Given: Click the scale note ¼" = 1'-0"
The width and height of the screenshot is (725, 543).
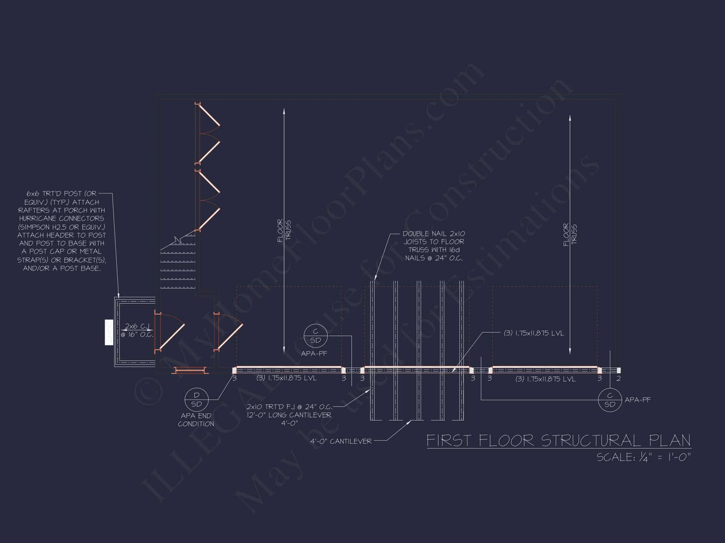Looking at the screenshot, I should tap(644, 457).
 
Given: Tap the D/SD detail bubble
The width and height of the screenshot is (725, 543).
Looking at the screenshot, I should tap(196, 400).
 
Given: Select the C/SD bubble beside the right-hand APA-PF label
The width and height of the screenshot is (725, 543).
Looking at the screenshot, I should tap(610, 400).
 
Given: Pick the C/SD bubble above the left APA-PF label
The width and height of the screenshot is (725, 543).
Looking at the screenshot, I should tap(315, 336).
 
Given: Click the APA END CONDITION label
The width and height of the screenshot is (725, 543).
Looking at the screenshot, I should tap(196, 420).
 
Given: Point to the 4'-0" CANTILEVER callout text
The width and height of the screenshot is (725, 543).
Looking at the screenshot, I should tap(341, 441).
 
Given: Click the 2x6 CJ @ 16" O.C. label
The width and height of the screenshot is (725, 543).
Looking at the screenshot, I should tap(137, 330).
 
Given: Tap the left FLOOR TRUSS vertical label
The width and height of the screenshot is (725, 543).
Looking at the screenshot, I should tap(284, 230).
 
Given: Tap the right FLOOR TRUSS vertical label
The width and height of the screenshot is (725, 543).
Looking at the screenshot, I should tap(570, 234).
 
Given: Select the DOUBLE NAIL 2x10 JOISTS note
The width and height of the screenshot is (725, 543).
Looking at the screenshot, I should tap(434, 246).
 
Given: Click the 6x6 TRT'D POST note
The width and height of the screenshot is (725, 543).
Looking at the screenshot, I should tap(61, 231).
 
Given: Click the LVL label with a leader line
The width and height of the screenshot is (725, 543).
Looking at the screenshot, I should tap(534, 333).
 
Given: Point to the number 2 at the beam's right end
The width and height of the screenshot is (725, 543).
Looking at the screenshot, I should tap(618, 379).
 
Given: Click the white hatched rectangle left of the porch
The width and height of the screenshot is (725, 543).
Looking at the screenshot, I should tap(109, 332).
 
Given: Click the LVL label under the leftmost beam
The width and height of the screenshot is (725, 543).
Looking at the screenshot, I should tap(286, 378).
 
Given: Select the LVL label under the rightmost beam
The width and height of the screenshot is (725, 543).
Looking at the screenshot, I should tap(545, 379).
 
